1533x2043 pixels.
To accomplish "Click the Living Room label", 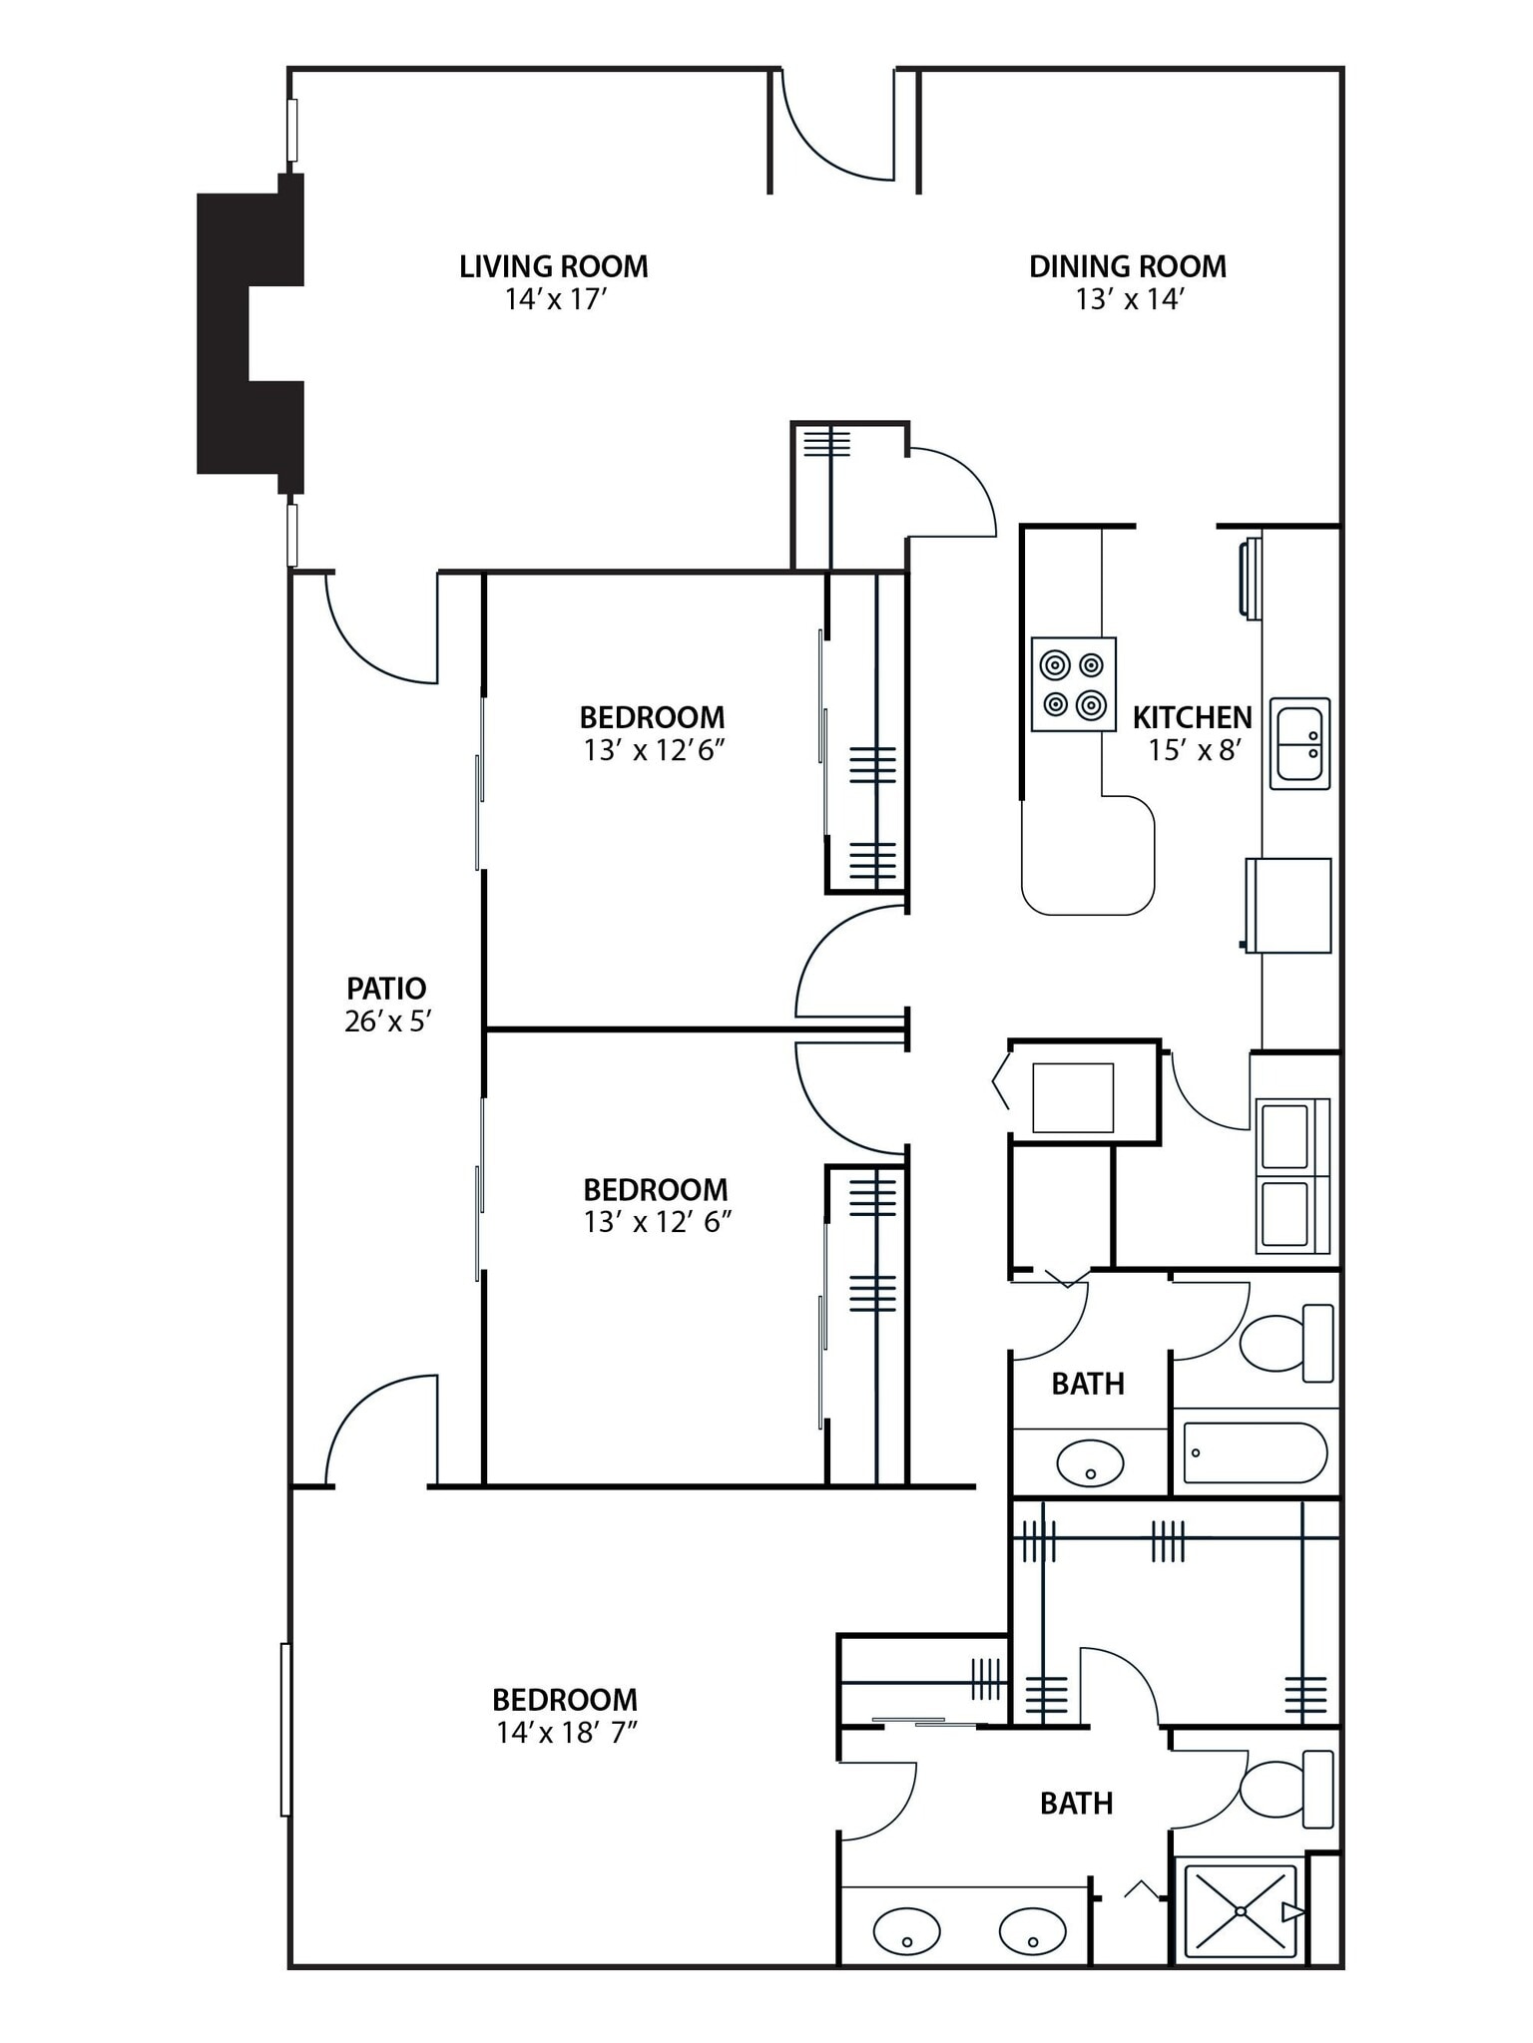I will click(553, 266).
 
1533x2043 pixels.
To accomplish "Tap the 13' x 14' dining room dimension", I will click(1128, 299).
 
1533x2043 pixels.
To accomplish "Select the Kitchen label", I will click(1192, 717).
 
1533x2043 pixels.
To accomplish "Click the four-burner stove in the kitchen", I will click(1073, 684).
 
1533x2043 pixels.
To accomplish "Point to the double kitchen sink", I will click(1299, 744).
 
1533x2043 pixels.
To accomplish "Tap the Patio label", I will click(386, 988).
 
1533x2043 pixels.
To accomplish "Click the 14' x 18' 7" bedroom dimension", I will click(566, 1733).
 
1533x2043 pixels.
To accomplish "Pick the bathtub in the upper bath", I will click(1255, 1452).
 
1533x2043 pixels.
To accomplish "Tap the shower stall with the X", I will click(1239, 1910).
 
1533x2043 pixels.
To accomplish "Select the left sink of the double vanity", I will click(906, 1931).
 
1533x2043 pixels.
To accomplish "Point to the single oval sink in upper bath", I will click(1090, 1463).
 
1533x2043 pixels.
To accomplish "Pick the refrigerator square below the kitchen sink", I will click(1289, 905).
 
